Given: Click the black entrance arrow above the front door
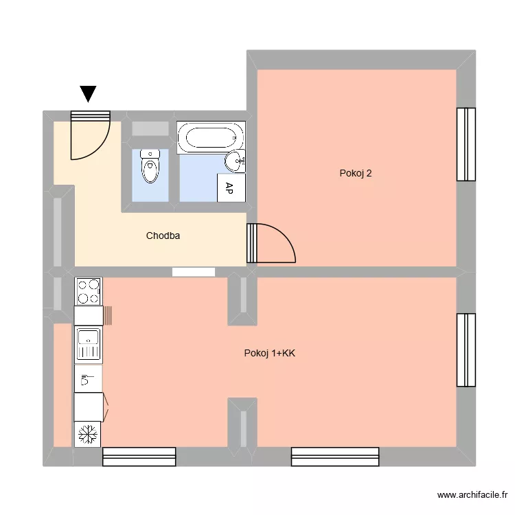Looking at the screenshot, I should (x=89, y=93).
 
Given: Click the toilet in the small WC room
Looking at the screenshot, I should (x=150, y=166).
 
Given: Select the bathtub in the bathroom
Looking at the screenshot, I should (x=210, y=137).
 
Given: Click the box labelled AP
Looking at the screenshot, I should (x=230, y=188).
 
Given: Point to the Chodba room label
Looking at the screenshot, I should (x=163, y=236).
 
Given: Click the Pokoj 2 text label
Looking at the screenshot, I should (x=356, y=173).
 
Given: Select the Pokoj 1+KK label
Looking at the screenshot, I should (x=270, y=354).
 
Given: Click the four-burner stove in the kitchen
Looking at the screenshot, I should (x=88, y=291).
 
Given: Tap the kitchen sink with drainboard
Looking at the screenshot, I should (x=88, y=344).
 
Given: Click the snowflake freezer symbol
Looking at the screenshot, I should (x=87, y=434).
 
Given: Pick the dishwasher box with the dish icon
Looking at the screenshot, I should (x=88, y=378).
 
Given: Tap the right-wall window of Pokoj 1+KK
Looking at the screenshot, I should (x=466, y=349).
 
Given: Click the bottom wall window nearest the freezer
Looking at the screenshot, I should (x=139, y=457).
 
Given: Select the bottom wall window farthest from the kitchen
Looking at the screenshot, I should (x=335, y=457).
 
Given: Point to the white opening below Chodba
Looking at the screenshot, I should (x=194, y=272).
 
